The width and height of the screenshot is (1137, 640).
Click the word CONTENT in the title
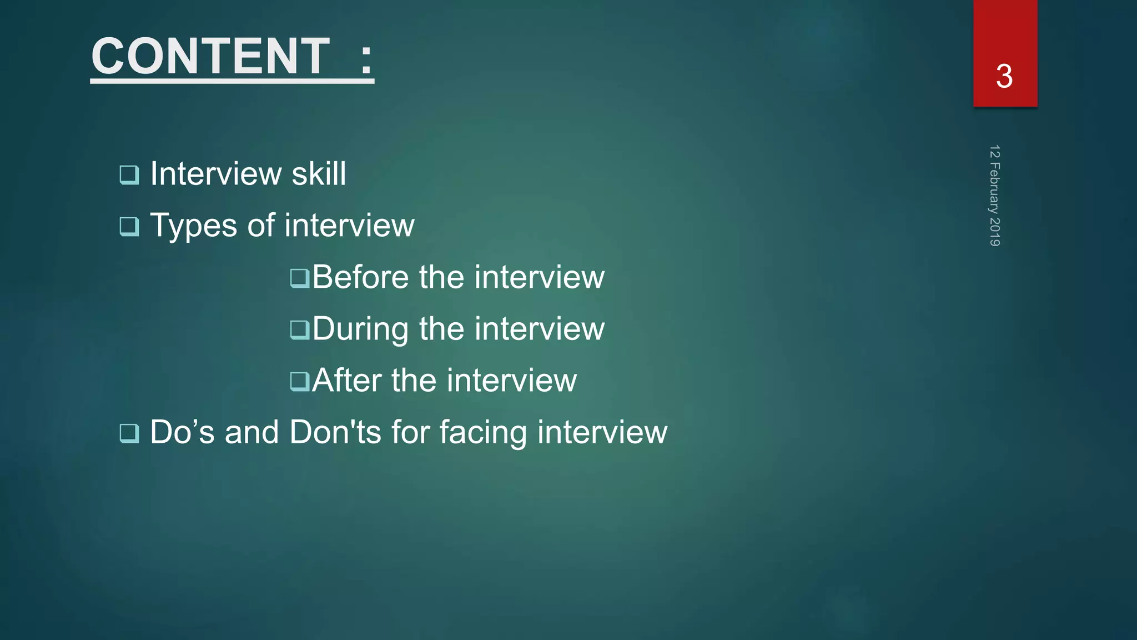click(210, 56)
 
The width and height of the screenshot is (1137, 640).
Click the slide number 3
click(1004, 76)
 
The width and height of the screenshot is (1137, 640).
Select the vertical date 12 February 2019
click(994, 196)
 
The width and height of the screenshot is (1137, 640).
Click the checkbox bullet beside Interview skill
click(129, 175)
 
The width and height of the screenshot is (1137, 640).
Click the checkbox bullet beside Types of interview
click(129, 227)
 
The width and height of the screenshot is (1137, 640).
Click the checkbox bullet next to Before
click(300, 278)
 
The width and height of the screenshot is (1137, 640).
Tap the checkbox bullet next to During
click(300, 330)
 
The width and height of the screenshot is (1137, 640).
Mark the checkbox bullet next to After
click(300, 382)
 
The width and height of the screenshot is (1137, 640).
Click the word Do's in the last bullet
click(182, 432)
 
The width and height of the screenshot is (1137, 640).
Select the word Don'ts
click(335, 432)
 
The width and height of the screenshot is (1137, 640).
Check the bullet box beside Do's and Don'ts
click(129, 433)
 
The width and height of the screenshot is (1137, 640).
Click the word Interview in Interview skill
click(216, 174)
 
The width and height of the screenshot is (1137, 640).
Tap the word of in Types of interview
click(261, 226)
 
